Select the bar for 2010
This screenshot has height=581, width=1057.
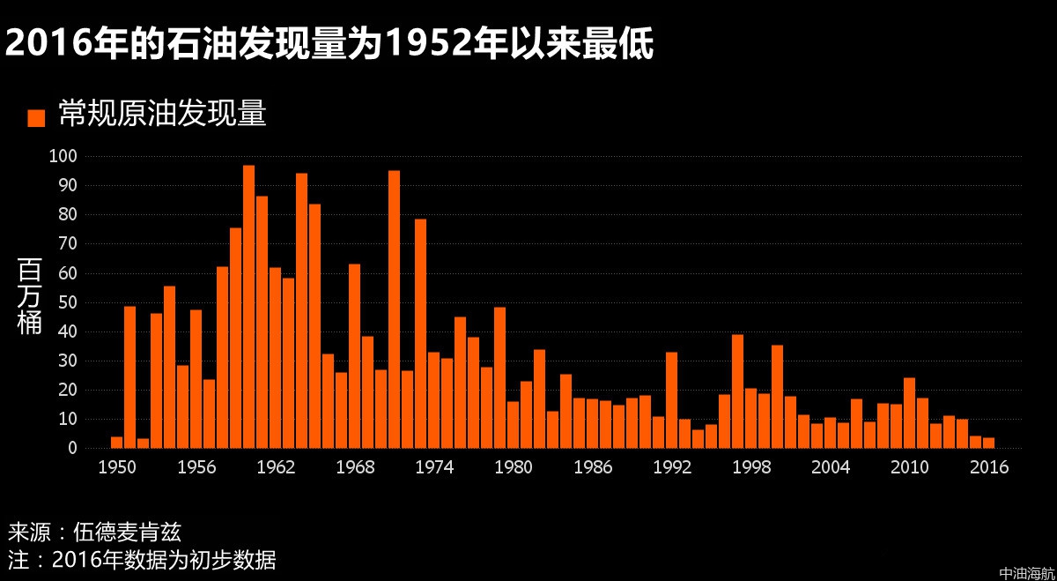909,413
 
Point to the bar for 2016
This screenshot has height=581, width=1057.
988,443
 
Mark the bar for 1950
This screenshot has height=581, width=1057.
116,443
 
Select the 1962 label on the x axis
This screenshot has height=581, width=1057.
275,467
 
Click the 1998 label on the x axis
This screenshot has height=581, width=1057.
750,467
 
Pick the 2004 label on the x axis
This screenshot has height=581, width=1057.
830,467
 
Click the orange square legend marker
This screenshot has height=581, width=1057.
36,117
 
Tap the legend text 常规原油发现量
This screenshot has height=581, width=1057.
162,115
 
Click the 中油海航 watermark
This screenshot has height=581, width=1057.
1027,573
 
